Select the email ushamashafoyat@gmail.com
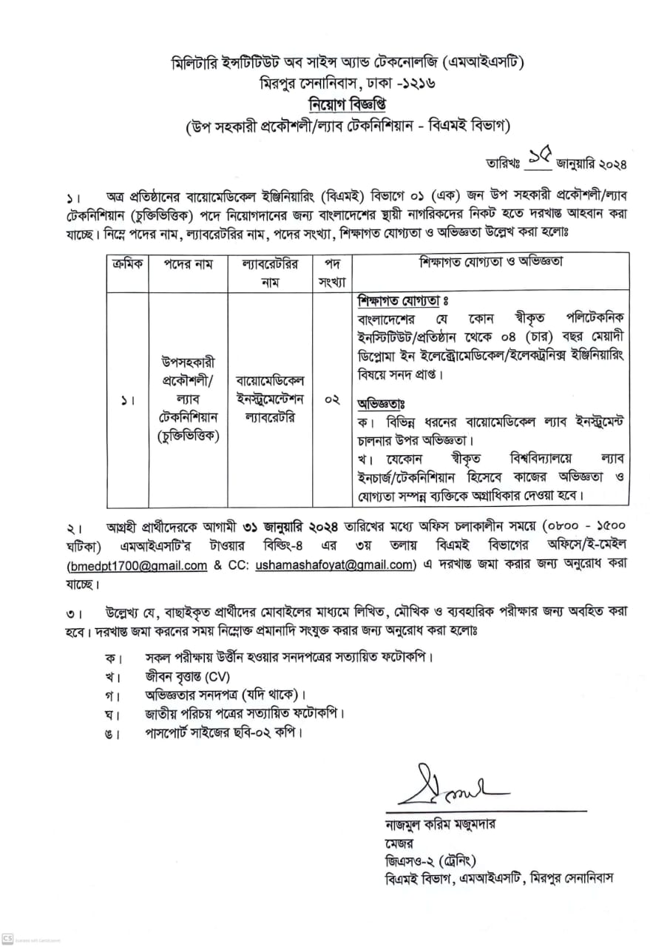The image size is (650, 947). click(334, 566)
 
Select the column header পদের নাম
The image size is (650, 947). click(188, 264)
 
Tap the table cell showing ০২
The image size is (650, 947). click(332, 400)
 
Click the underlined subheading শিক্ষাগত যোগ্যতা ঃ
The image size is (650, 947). click(403, 303)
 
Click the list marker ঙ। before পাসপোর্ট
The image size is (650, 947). click(112, 733)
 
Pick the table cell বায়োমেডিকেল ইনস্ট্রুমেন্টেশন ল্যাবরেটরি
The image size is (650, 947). click(270, 400)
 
